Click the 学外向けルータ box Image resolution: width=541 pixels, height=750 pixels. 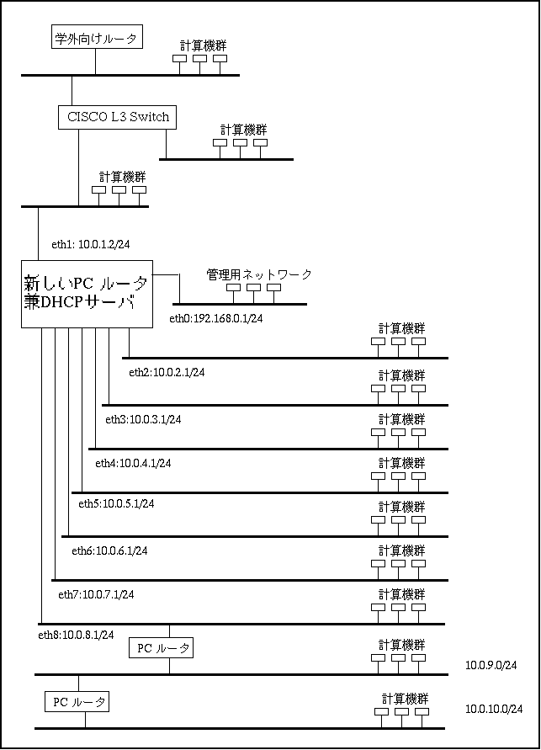(97, 38)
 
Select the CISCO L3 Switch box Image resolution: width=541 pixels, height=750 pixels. (117, 117)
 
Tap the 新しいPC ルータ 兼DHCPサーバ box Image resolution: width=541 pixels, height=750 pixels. (87, 294)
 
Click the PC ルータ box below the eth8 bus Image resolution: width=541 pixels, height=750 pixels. (161, 648)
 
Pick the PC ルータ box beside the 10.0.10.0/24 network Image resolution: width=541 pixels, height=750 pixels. (77, 702)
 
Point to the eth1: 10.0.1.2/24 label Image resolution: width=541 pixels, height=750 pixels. (91, 244)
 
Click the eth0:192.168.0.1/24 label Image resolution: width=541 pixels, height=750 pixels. (216, 318)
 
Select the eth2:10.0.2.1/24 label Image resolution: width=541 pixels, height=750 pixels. (167, 372)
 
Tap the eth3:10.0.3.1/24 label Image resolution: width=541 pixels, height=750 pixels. (143, 419)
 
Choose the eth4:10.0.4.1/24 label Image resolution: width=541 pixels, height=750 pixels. (133, 463)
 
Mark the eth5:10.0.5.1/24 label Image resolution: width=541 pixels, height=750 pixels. (117, 503)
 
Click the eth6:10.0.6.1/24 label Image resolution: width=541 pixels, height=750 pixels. (110, 551)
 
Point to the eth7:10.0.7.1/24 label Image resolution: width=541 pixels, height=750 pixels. (96, 594)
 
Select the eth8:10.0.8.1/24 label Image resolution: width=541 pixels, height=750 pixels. (76, 636)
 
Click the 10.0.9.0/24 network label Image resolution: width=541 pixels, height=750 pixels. (491, 665)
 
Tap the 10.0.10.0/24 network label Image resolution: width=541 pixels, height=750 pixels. (494, 709)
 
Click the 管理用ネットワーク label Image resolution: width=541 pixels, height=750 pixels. (259, 274)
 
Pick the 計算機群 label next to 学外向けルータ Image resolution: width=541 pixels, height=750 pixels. (203, 46)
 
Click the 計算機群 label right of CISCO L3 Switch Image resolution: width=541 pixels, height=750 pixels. (244, 130)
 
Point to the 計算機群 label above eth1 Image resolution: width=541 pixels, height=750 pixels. (122, 177)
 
